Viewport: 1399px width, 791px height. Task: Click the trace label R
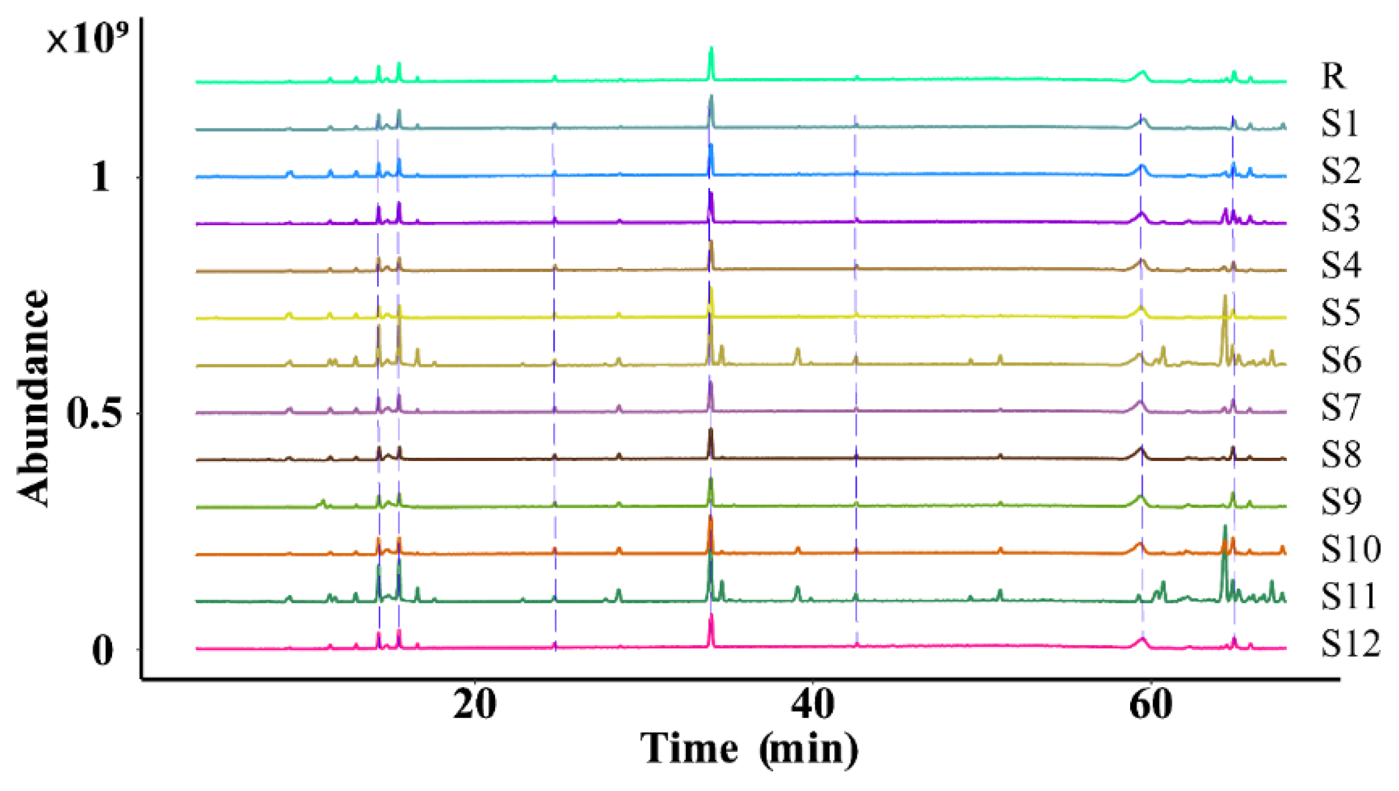click(x=1333, y=76)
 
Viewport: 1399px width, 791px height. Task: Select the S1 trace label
click(x=1339, y=124)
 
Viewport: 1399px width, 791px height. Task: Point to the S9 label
click(x=1341, y=502)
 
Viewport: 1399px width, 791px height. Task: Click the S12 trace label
click(x=1350, y=644)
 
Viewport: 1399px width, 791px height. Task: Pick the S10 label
click(x=1350, y=549)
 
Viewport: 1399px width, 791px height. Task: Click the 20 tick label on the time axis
click(x=475, y=705)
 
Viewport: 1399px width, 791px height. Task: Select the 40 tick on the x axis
click(x=813, y=705)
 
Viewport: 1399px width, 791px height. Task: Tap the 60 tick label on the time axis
click(x=1150, y=705)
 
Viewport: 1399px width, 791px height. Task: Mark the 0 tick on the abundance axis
click(x=103, y=650)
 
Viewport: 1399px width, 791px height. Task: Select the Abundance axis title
click(x=33, y=398)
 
